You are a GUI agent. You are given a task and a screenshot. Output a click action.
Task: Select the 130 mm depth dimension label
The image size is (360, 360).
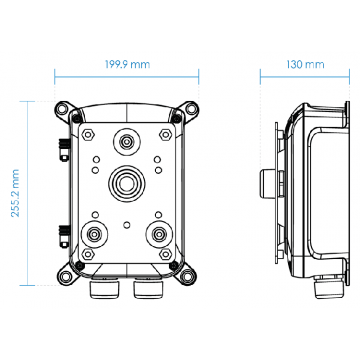[x=305, y=64]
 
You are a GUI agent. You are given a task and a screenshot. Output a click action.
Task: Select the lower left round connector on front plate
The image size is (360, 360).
[x=93, y=236]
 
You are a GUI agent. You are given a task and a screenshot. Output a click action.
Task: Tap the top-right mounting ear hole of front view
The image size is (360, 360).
[x=189, y=107]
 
